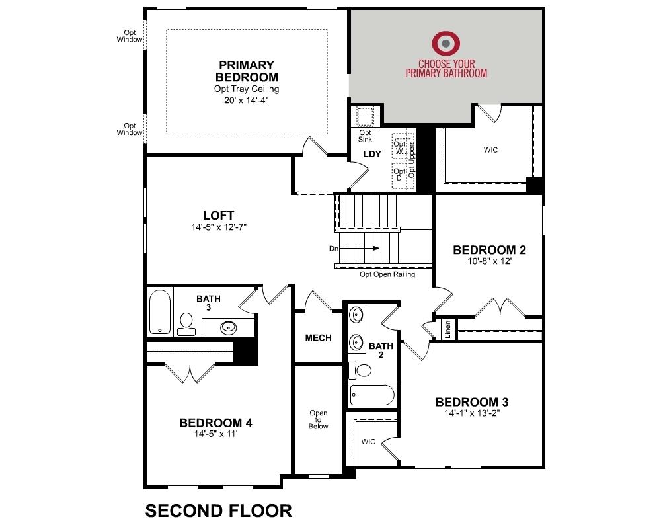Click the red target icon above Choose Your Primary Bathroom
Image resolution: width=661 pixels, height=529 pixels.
click(446, 44)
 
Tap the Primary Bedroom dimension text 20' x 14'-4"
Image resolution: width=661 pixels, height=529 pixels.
click(246, 101)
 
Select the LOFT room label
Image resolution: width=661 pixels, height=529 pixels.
click(218, 215)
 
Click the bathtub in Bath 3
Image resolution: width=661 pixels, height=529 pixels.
click(159, 312)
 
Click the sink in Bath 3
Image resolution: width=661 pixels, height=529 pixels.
click(229, 326)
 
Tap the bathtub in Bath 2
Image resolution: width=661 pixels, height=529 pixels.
click(371, 395)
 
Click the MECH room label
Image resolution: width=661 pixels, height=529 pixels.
click(318, 338)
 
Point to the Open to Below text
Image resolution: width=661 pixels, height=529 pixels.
click(318, 420)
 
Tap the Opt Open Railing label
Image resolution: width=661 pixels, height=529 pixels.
click(387, 274)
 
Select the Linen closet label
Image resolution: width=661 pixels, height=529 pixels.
click(447, 329)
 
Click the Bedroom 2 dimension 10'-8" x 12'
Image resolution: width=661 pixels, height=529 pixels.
click(489, 261)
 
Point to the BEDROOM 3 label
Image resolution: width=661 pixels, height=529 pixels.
click(471, 402)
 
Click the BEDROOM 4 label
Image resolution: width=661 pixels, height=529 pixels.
click(215, 423)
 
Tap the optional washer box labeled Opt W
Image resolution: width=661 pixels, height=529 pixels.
click(399, 147)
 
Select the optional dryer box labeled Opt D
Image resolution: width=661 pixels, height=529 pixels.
click(399, 175)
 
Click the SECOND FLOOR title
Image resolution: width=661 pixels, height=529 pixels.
click(218, 510)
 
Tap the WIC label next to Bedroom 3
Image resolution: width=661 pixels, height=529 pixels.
click(368, 442)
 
